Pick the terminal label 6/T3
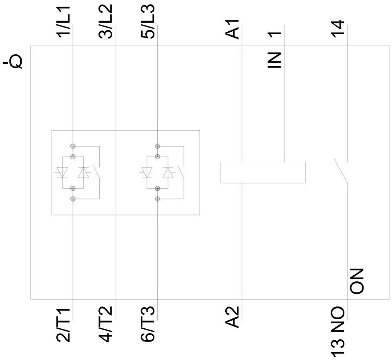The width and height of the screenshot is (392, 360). (x=148, y=325)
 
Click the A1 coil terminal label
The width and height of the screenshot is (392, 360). (x=233, y=30)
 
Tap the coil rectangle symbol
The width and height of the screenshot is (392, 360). (x=263, y=172)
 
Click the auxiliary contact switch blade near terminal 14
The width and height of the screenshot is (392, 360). (x=341, y=172)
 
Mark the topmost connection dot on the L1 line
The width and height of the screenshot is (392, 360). (x=73, y=146)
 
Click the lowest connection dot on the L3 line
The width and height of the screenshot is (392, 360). (x=157, y=199)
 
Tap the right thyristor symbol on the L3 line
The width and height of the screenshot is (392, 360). (x=168, y=173)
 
